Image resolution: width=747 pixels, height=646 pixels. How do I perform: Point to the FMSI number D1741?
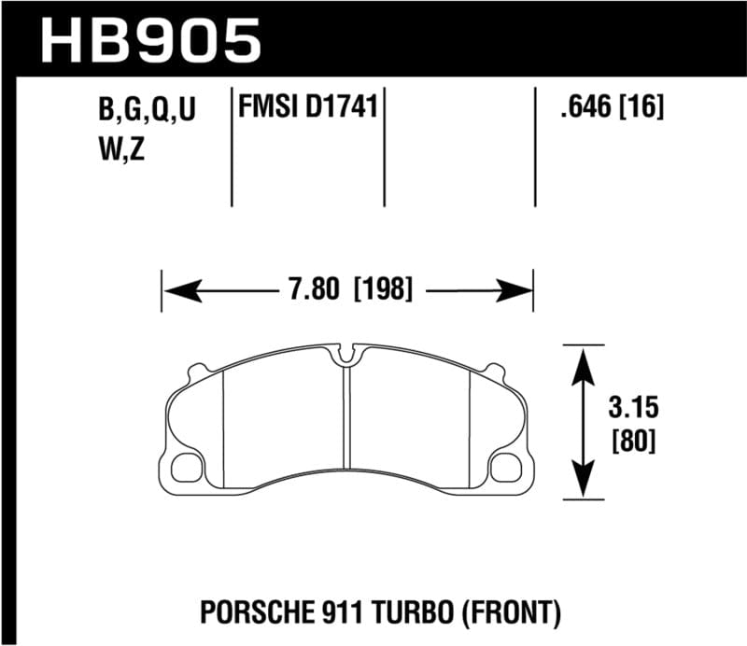341,108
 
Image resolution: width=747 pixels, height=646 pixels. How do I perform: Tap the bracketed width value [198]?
383,289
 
